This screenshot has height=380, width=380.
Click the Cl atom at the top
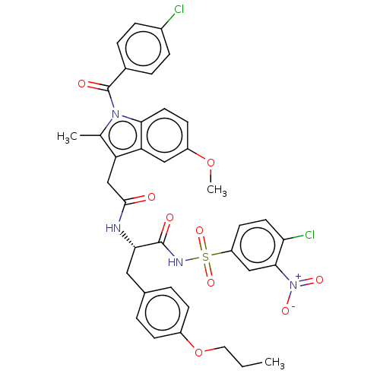(x=179, y=9)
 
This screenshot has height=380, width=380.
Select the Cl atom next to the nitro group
(x=309, y=235)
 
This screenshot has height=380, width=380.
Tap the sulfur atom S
(x=205, y=257)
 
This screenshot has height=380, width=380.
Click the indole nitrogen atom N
(x=116, y=114)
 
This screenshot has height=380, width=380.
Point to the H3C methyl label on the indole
(x=67, y=137)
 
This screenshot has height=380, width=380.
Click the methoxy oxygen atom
(x=211, y=163)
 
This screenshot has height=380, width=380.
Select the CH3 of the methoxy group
(x=217, y=190)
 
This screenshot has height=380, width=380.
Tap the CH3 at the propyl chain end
(x=274, y=363)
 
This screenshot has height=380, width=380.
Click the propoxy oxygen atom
(x=199, y=352)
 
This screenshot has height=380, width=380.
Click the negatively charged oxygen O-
(x=287, y=310)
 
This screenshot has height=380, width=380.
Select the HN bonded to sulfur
(x=176, y=262)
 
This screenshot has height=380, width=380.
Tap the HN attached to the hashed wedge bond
(x=113, y=228)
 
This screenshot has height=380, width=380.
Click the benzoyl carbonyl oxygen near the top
(x=81, y=84)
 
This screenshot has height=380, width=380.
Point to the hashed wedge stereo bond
(x=128, y=239)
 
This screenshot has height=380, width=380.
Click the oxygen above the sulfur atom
(x=199, y=231)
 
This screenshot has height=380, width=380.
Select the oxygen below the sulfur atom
(x=211, y=283)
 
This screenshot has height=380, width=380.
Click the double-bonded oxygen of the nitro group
(x=319, y=280)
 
